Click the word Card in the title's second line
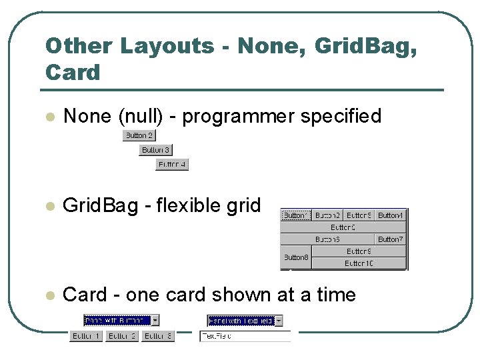pyautogui.click(x=73, y=72)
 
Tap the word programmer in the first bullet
pyautogui.click(x=239, y=116)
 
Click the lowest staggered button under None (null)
pyautogui.click(x=172, y=165)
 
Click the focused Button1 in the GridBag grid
pyautogui.click(x=296, y=215)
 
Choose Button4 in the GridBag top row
pyautogui.click(x=391, y=215)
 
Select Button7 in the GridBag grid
pyautogui.click(x=391, y=239)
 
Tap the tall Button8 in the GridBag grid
pyautogui.click(x=296, y=257)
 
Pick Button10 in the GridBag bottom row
pyautogui.click(x=359, y=263)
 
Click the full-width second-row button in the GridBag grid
pyautogui.click(x=343, y=227)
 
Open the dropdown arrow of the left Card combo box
pyautogui.click(x=155, y=321)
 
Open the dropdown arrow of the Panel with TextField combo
pyautogui.click(x=279, y=321)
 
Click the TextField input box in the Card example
pyautogui.click(x=245, y=337)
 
